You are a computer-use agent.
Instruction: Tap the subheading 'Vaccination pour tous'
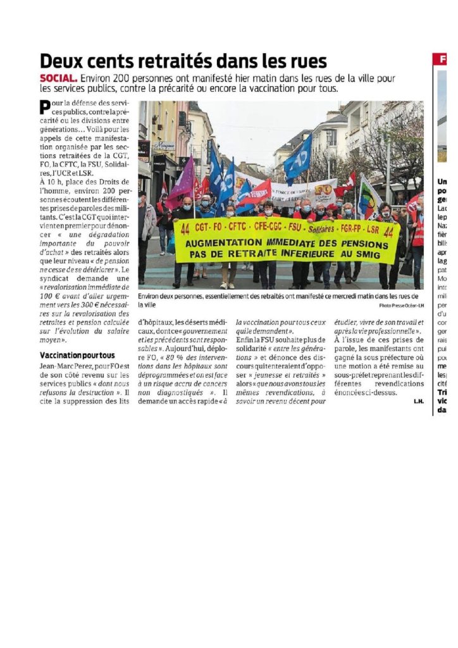77,356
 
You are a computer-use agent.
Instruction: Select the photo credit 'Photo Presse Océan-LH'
397,306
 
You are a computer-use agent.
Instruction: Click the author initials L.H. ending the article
418,401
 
